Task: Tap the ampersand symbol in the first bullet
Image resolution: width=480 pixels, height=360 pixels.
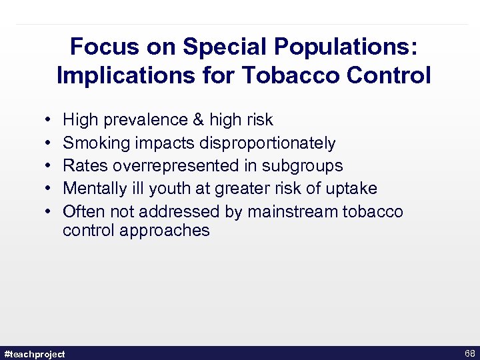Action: (x=198, y=120)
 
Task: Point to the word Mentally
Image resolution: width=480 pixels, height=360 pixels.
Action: (x=93, y=189)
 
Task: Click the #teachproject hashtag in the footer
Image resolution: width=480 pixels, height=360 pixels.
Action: (x=35, y=353)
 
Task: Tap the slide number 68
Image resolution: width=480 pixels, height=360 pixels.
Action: (x=469, y=353)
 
